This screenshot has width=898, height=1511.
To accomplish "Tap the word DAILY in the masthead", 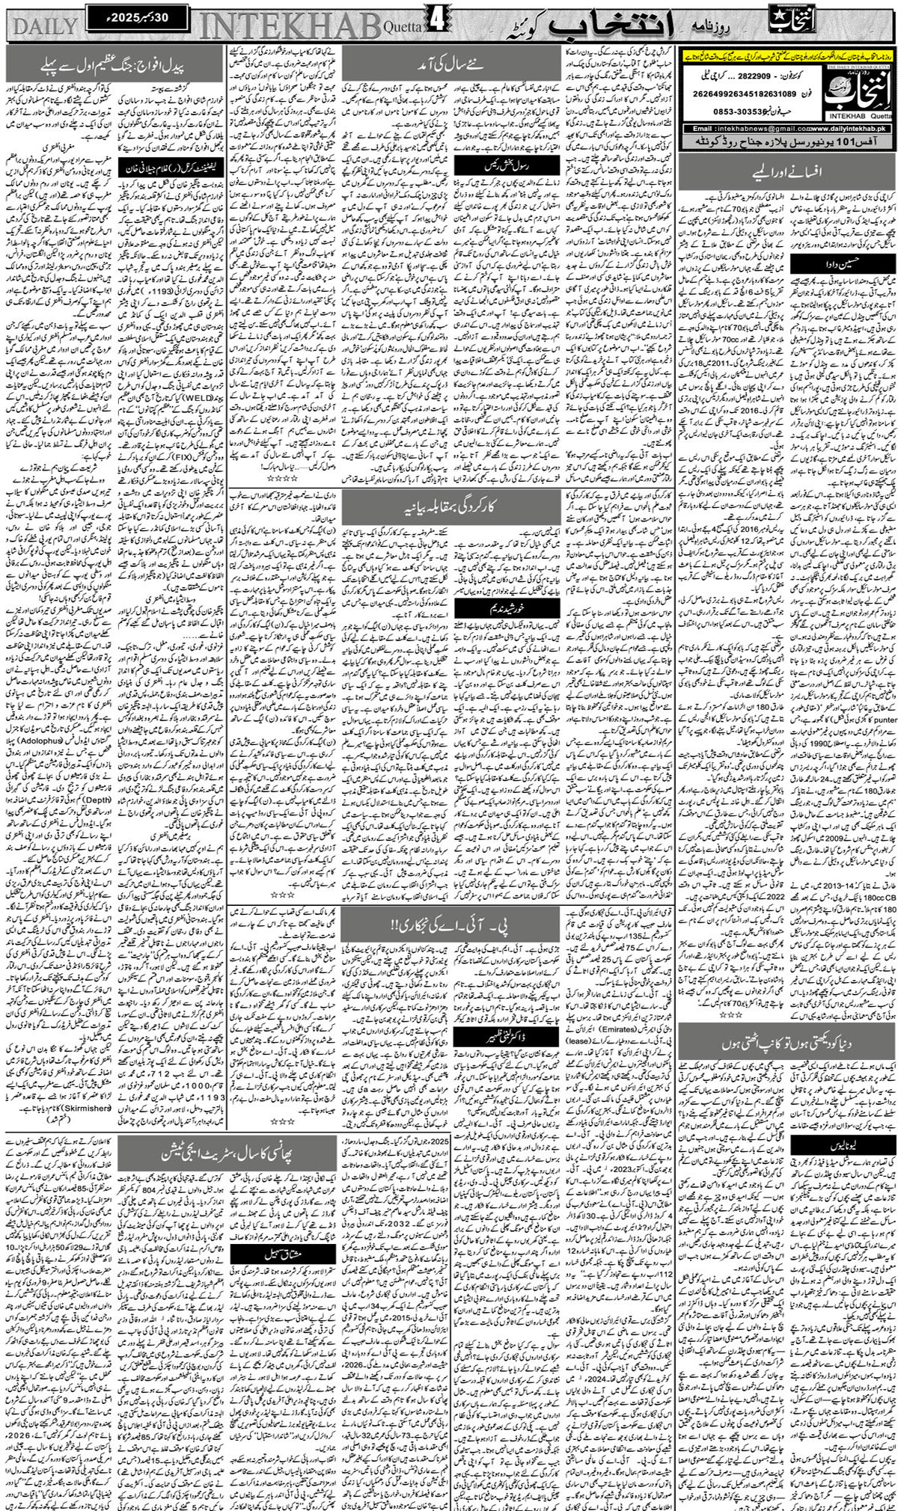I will pos(45,27).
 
